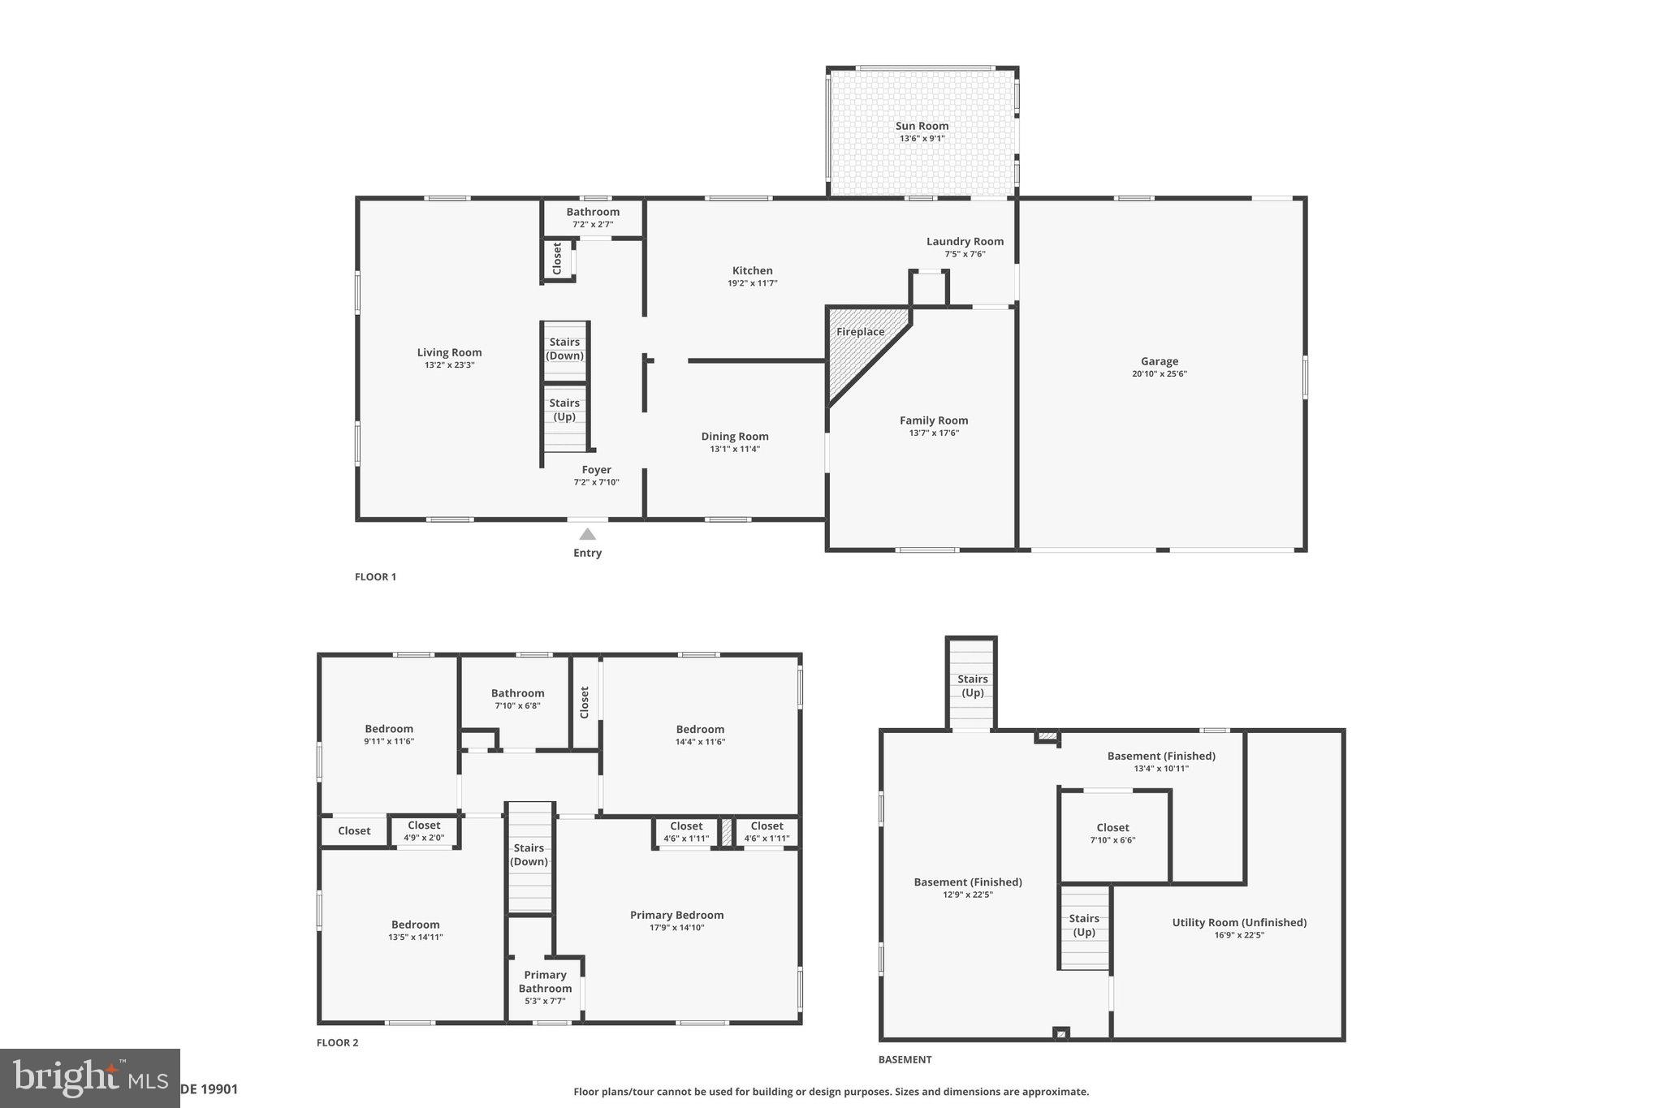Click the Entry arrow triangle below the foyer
coord(587,534)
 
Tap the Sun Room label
coord(922,126)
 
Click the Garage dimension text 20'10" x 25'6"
coord(1159,374)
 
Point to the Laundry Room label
coord(965,241)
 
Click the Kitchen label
coord(752,270)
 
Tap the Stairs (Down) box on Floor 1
coord(564,350)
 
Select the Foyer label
coord(596,469)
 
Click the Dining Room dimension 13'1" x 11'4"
coord(735,449)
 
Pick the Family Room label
coord(933,420)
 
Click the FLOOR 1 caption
coord(375,577)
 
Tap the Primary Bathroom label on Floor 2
coord(545,981)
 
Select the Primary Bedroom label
coord(676,915)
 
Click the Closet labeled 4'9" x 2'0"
coord(424,830)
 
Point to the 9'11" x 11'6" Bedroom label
coord(389,729)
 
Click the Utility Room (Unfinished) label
coord(1239,922)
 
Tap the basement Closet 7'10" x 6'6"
coord(1112,834)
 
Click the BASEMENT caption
coord(905,1059)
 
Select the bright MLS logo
coord(89,1077)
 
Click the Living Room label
coord(449,352)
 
